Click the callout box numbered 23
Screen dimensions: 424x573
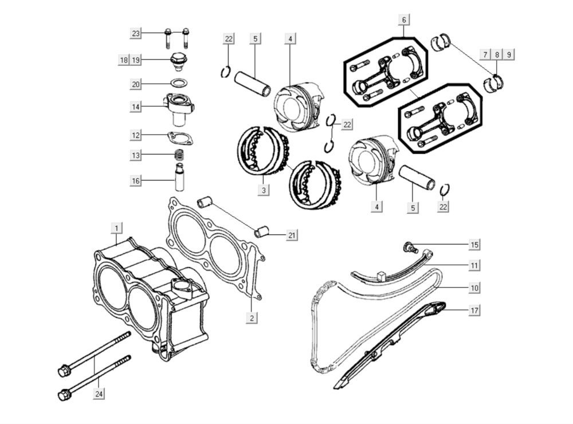[x=136, y=34]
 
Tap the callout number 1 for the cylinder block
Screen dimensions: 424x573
[x=116, y=229]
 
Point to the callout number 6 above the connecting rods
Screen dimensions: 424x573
[x=404, y=21]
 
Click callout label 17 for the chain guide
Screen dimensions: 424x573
[x=474, y=310]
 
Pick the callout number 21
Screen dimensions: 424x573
[x=292, y=235]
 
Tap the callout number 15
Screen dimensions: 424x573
[x=474, y=245]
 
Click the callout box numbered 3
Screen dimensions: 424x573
[x=263, y=190]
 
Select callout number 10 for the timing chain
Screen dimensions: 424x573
[x=474, y=287]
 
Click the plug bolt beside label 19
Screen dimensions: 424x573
[x=180, y=59]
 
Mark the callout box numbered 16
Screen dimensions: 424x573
[x=136, y=181]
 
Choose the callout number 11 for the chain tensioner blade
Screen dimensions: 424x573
[x=474, y=266]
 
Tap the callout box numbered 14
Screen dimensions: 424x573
[x=136, y=107]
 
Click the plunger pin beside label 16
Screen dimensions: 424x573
[x=180, y=178]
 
